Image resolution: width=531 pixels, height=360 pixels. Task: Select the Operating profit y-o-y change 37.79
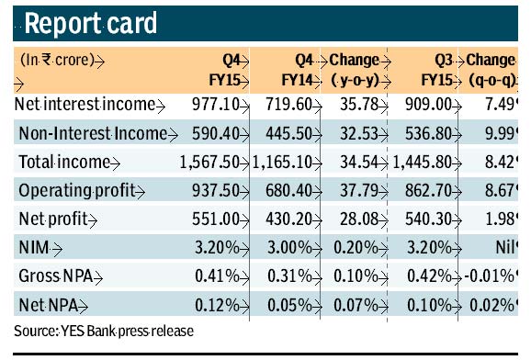(x=353, y=192)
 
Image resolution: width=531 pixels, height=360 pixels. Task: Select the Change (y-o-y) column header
(x=354, y=71)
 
